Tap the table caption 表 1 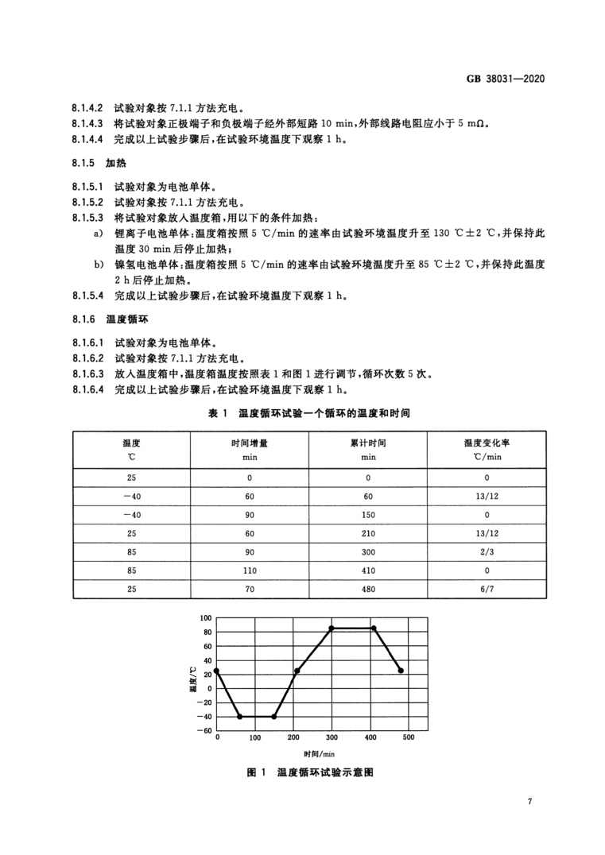coord(217,413)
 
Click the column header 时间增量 coord(249,443)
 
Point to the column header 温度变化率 coord(487,443)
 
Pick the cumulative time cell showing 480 coord(368,590)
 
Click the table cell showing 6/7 coord(487,590)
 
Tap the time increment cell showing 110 coord(249,569)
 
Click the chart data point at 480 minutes coord(401,671)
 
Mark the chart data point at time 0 coord(216,671)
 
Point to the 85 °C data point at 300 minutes coord(332,628)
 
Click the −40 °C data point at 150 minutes coord(273,717)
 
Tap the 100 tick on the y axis coord(205,617)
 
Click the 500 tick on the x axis coord(408,738)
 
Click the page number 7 coord(529,801)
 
